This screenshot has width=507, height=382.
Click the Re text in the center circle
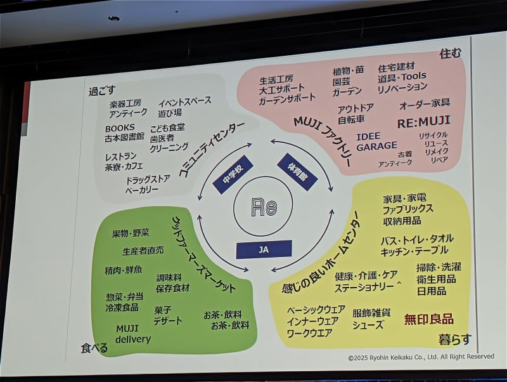(x=264, y=207)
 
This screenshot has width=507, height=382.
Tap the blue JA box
(x=264, y=249)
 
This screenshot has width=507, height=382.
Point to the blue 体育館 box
(x=297, y=171)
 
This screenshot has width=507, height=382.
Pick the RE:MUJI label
(x=423, y=121)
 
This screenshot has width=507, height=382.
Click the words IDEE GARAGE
(x=376, y=142)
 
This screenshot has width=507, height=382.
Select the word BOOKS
(x=120, y=128)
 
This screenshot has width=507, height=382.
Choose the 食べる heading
(x=94, y=348)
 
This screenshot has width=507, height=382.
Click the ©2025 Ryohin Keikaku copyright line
(x=421, y=357)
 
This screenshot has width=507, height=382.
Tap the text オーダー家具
(x=424, y=103)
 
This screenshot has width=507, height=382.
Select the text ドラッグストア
(x=148, y=180)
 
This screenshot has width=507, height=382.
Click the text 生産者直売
(x=143, y=251)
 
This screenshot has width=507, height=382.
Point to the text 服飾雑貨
(x=371, y=313)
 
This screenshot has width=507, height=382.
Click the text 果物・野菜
(x=130, y=234)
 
